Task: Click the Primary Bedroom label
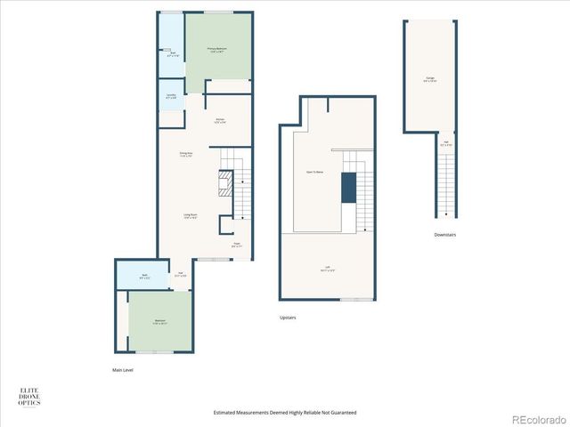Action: [x=216, y=50]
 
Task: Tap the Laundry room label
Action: [x=170, y=95]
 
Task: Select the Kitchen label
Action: [x=219, y=121]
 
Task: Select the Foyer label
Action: [x=236, y=244]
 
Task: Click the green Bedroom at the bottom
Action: [x=159, y=321]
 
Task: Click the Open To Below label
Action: [x=314, y=172]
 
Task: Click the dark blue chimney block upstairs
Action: [x=348, y=188]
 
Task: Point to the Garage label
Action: [x=429, y=79]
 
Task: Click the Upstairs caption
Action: [x=288, y=318]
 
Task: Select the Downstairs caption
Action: [x=445, y=235]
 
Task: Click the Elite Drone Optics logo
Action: [x=29, y=397]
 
